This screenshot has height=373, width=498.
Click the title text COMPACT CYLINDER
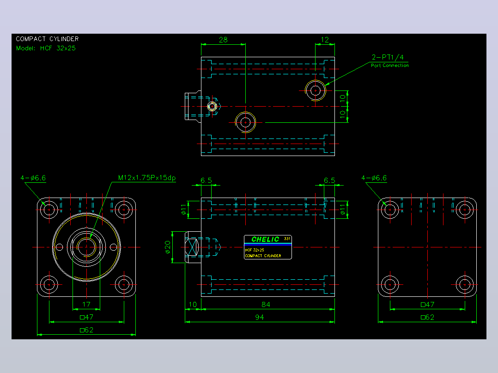[47, 39]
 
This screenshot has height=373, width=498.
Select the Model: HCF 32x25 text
[46, 48]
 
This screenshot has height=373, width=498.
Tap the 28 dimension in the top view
[223, 40]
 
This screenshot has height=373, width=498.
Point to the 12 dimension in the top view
[325, 40]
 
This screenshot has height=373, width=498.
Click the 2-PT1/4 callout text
[388, 57]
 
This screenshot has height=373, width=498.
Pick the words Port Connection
[390, 66]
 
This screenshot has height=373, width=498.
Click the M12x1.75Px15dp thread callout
[147, 178]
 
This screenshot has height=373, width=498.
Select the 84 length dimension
[266, 304]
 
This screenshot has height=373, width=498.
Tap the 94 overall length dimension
[260, 317]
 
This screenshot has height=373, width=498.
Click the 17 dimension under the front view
[86, 304]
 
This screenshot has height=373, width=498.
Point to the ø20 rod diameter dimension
[168, 247]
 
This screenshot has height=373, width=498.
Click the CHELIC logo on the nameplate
[265, 239]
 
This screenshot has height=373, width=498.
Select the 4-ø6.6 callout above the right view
[374, 178]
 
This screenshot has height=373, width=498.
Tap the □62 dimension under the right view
[427, 317]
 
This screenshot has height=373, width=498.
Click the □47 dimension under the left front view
[86, 317]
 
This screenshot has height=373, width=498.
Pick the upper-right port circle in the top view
[316, 90]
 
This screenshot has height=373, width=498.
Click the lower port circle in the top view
[245, 122]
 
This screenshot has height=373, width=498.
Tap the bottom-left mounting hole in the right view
[390, 285]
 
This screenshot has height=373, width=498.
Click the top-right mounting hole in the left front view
[124, 210]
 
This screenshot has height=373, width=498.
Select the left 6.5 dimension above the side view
[206, 180]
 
